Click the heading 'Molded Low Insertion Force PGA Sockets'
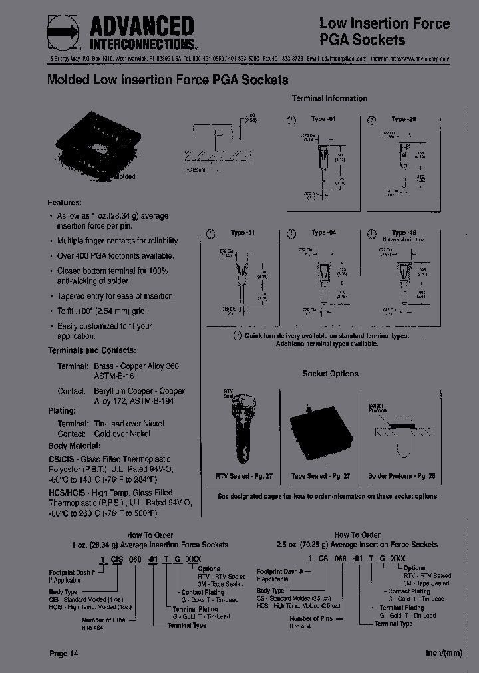pos(168,80)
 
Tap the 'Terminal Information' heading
pos(329,98)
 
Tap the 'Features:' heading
pos(65,202)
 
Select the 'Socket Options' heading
pos(330,374)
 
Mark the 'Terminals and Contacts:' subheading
pos(92,350)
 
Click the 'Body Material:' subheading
pos(76,446)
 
